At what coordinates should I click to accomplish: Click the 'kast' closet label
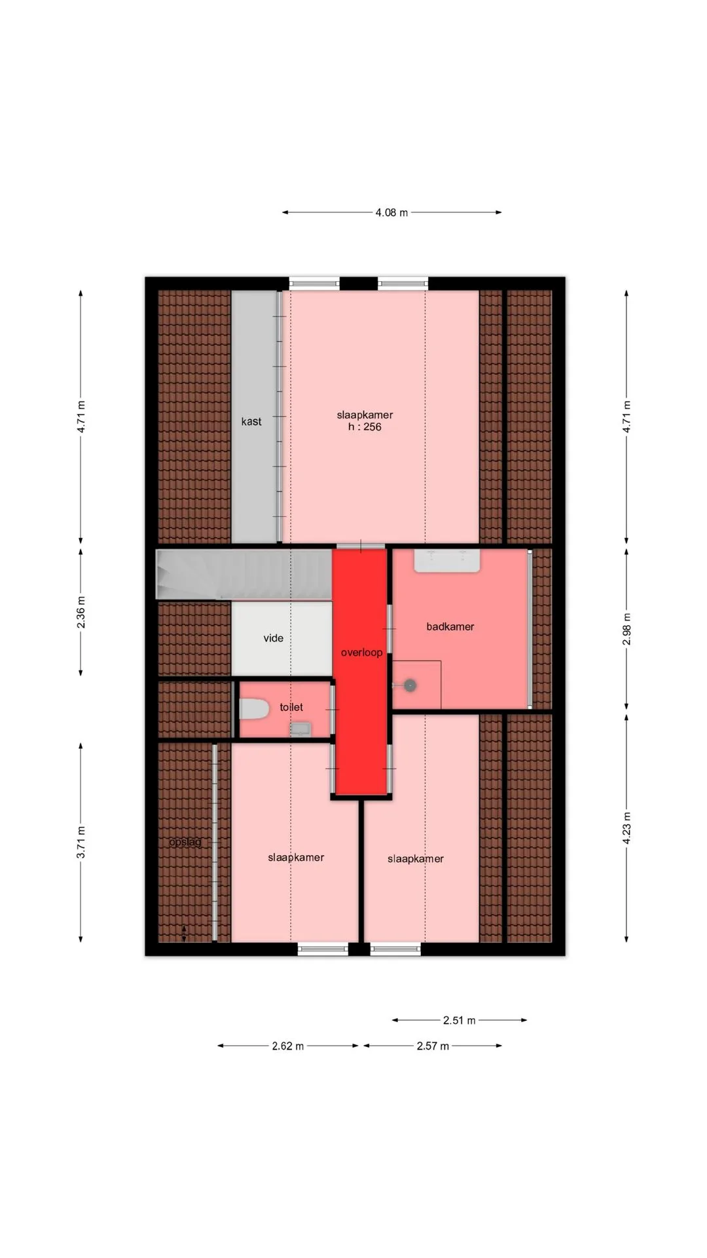(251, 421)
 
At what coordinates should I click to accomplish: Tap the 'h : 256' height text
(365, 427)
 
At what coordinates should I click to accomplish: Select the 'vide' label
(274, 638)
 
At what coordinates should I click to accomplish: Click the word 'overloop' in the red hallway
(361, 653)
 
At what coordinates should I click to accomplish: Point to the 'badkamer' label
(450, 626)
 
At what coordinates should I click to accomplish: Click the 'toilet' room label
(291, 707)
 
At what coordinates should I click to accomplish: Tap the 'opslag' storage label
(185, 843)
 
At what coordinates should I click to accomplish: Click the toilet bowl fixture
(254, 710)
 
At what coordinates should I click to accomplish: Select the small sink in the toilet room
(300, 729)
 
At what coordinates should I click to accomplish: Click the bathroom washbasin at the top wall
(447, 561)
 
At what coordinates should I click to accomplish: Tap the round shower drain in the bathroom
(410, 685)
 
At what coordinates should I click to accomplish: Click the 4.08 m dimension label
(391, 212)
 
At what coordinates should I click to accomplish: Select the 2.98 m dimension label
(626, 629)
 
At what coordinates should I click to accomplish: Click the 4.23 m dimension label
(626, 828)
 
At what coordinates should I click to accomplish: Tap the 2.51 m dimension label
(460, 1020)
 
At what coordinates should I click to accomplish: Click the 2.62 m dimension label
(288, 1046)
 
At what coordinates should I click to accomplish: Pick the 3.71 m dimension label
(81, 842)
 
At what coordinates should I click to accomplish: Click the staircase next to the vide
(244, 574)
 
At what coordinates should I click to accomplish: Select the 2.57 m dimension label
(433, 1046)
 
